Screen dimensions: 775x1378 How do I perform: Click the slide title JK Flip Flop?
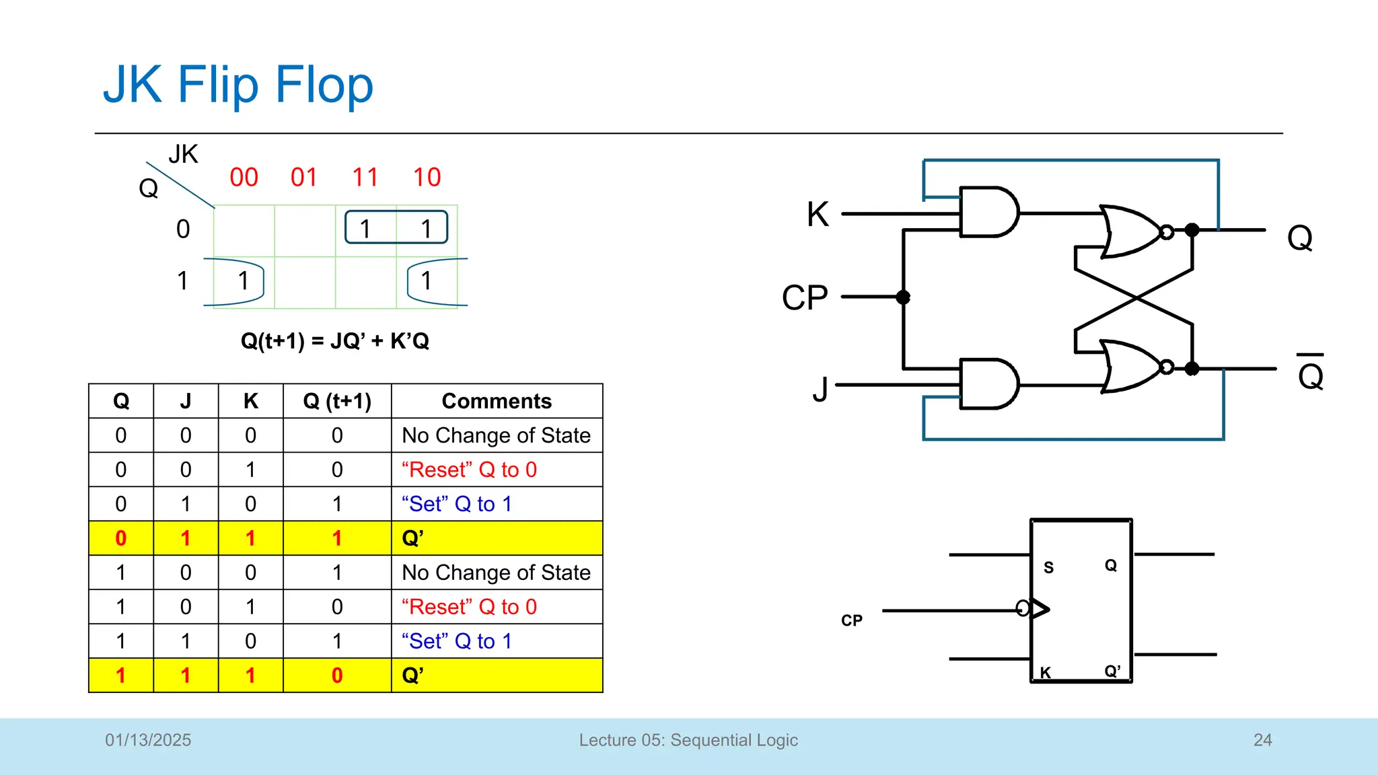[x=238, y=85]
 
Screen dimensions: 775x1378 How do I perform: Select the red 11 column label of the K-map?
[x=365, y=178]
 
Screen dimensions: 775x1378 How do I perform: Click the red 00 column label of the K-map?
[x=244, y=178]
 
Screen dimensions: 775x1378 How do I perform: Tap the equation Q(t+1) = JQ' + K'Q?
[x=334, y=341]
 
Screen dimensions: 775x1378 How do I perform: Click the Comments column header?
[x=497, y=401]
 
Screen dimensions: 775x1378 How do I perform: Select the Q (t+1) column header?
[x=337, y=401]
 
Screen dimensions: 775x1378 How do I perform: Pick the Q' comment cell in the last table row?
[x=497, y=675]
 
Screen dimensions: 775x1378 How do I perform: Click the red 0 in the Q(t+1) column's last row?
[x=337, y=675]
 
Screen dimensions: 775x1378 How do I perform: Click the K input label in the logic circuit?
[x=818, y=215]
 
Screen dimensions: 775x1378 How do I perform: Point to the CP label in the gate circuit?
[x=805, y=297]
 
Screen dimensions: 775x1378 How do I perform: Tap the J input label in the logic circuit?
[x=820, y=389]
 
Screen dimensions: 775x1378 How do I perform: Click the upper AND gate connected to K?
[x=988, y=212]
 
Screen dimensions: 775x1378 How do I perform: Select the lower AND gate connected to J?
[x=988, y=383]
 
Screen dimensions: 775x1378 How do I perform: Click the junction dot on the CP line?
[x=903, y=297]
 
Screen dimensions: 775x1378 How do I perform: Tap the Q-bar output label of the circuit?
[x=1310, y=373]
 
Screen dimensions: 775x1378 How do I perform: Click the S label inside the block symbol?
[x=1048, y=567]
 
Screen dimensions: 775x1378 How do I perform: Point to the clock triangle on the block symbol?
[x=1040, y=609]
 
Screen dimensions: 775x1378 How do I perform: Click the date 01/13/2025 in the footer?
[x=148, y=740]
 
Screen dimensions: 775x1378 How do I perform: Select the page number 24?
[x=1262, y=740]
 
